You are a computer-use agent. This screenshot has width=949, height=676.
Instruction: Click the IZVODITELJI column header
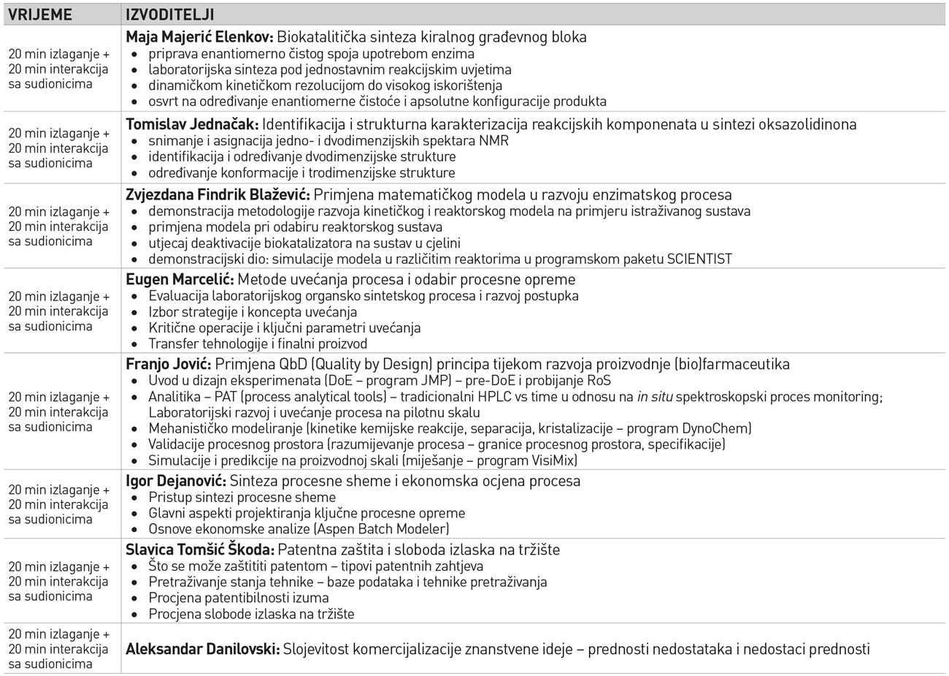click(x=169, y=15)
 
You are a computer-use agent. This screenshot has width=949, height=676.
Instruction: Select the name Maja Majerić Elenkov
click(x=191, y=37)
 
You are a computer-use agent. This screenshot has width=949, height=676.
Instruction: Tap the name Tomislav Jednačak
click(x=191, y=124)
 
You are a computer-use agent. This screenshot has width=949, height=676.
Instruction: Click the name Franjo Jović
click(x=169, y=364)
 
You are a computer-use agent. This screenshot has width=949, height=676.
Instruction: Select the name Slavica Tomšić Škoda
click(x=200, y=550)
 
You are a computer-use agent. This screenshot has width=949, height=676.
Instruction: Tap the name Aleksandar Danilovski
click(x=202, y=648)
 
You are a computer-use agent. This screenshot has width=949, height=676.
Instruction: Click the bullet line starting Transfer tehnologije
click(x=258, y=343)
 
